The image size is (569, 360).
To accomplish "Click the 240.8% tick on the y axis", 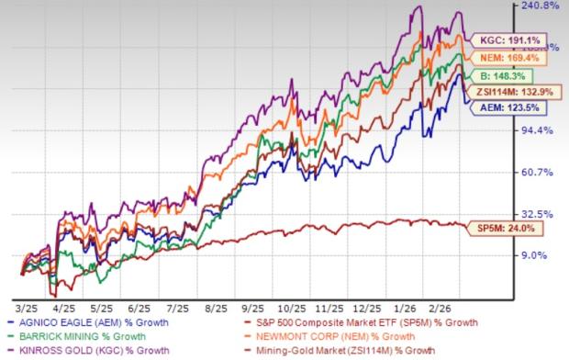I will click(x=540, y=6).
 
